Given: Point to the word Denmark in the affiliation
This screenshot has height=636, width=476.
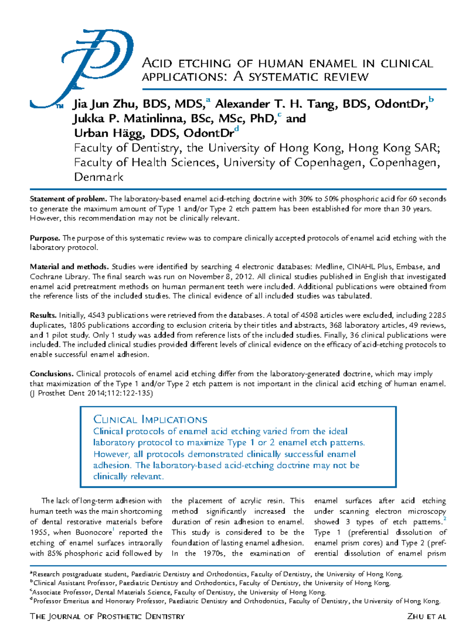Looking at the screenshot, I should [x=99, y=177].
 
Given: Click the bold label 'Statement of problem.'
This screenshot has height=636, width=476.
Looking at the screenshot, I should [x=69, y=199].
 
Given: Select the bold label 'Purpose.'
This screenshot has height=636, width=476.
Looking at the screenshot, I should [x=45, y=238].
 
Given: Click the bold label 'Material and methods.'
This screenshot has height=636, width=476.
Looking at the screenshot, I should [x=69, y=267].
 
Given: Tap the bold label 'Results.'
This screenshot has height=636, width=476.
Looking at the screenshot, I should [x=43, y=316].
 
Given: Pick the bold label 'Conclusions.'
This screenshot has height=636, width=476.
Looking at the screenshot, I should [x=52, y=374].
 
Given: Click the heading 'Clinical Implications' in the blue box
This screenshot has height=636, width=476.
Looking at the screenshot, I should [x=150, y=419].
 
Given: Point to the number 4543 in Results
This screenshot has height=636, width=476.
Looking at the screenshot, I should [x=96, y=316].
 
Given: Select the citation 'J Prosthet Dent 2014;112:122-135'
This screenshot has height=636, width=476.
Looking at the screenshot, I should [x=91, y=393].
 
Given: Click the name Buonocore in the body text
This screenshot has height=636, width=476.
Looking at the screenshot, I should [x=94, y=533].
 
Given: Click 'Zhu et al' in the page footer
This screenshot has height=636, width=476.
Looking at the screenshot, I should [x=426, y=616].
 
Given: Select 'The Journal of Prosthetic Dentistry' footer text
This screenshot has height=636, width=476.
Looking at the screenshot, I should [x=107, y=616].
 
